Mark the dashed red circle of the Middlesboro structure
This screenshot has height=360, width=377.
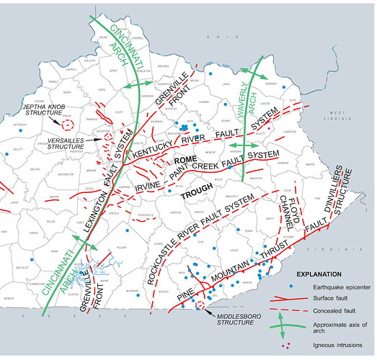point(201,306)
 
